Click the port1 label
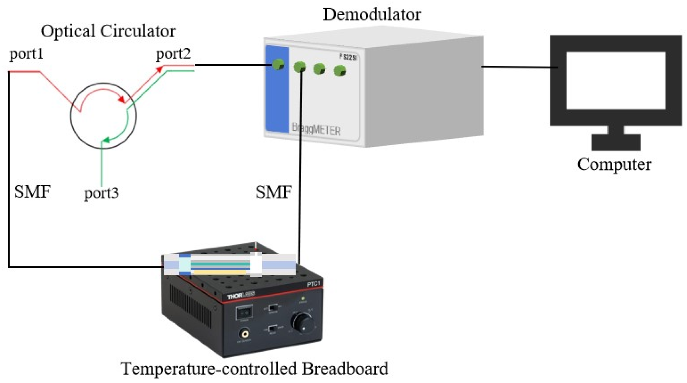click(x=26, y=54)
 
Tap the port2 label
click(x=173, y=54)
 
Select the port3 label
click(x=101, y=193)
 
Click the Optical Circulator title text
click(x=108, y=31)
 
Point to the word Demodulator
click(x=372, y=14)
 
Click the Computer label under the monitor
click(x=614, y=164)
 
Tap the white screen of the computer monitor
click(x=615, y=80)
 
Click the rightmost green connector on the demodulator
click(x=339, y=71)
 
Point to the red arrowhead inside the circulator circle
click(x=121, y=100)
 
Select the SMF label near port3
click(x=32, y=192)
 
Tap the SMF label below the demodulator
click(x=274, y=192)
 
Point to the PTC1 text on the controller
click(x=313, y=284)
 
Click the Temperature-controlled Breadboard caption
click(x=254, y=369)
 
